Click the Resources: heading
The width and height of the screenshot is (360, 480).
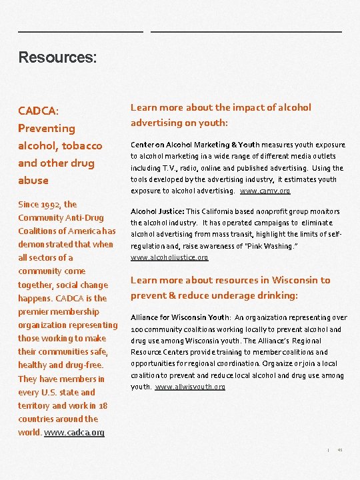click(x=58, y=58)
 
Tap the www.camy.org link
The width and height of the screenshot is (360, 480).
click(x=265, y=191)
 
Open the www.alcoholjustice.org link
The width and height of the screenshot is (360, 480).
click(x=169, y=257)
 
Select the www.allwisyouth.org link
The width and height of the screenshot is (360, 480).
click(x=190, y=387)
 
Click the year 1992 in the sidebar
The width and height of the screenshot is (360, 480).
click(x=49, y=205)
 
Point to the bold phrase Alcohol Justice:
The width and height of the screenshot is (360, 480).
click(x=157, y=211)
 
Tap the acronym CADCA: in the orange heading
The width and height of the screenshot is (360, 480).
click(x=39, y=110)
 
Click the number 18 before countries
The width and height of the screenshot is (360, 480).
click(x=103, y=405)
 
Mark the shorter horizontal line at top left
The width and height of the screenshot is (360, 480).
click(x=80, y=31)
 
